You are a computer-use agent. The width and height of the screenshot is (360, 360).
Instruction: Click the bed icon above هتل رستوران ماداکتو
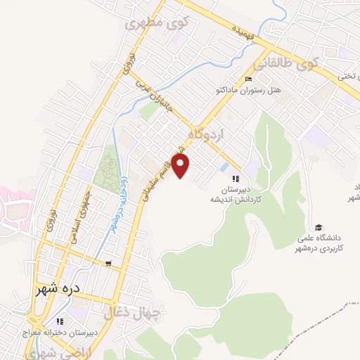tap(247, 78)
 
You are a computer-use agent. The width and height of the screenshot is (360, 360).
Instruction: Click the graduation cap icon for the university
tap(318, 226)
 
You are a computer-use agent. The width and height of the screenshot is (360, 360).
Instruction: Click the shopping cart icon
tap(108, 264)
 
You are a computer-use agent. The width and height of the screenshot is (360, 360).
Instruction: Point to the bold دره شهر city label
tap(58, 289)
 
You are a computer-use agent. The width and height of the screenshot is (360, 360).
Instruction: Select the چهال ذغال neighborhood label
tap(132, 313)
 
